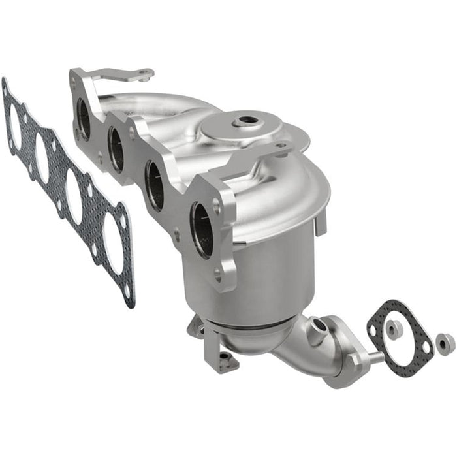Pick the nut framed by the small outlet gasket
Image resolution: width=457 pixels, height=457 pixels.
[x=394, y=330]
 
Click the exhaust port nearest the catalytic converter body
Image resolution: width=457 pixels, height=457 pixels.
[x=202, y=229]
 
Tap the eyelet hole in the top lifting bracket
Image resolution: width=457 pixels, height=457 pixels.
[x=142, y=75]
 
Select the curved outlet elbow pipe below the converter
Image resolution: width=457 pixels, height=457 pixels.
[x=300, y=353]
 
